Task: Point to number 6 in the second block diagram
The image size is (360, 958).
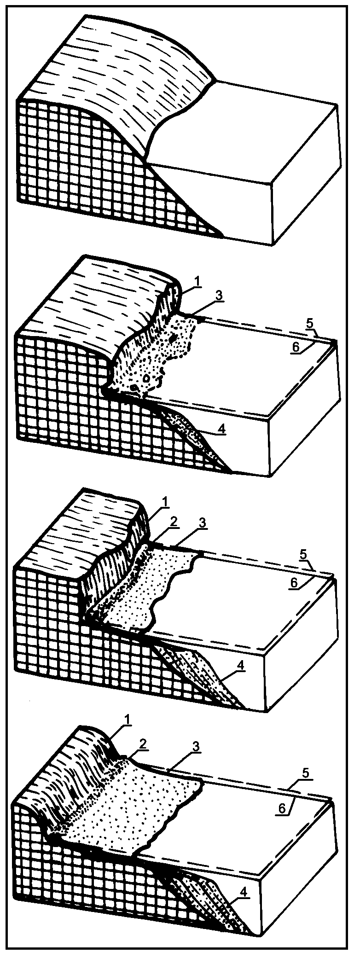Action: click(x=295, y=347)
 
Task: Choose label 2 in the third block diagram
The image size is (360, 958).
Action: click(x=173, y=522)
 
